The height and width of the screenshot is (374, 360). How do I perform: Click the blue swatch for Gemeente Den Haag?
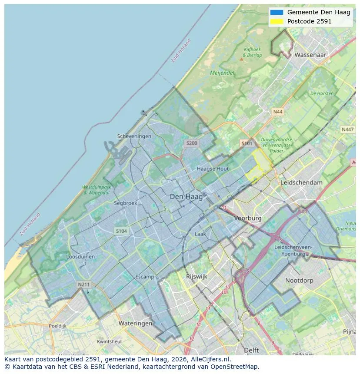[276, 12]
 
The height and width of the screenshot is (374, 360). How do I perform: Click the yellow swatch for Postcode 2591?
[276, 21]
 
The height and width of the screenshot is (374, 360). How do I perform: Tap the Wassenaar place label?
[310, 55]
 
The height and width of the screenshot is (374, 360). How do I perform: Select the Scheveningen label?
[134, 136]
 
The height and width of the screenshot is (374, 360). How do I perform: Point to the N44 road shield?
[277, 112]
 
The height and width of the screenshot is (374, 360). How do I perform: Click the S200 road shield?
[191, 143]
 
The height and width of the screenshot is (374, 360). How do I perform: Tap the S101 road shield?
[247, 143]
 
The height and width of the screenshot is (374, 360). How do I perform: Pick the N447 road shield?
[347, 129]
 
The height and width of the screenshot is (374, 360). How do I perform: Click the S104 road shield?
[121, 231]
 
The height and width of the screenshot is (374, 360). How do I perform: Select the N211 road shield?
[83, 285]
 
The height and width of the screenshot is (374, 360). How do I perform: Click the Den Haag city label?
[186, 197]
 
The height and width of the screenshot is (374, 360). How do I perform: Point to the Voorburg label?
[248, 218]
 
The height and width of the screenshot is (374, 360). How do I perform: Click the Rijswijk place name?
[197, 276]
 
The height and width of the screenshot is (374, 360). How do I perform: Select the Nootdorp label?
[299, 281]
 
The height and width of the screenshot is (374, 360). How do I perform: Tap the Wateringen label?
[135, 323]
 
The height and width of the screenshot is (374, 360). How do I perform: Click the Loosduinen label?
[80, 257]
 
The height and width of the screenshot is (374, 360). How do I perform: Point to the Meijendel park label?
[222, 73]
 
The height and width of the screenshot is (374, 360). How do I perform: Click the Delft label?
[251, 350]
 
